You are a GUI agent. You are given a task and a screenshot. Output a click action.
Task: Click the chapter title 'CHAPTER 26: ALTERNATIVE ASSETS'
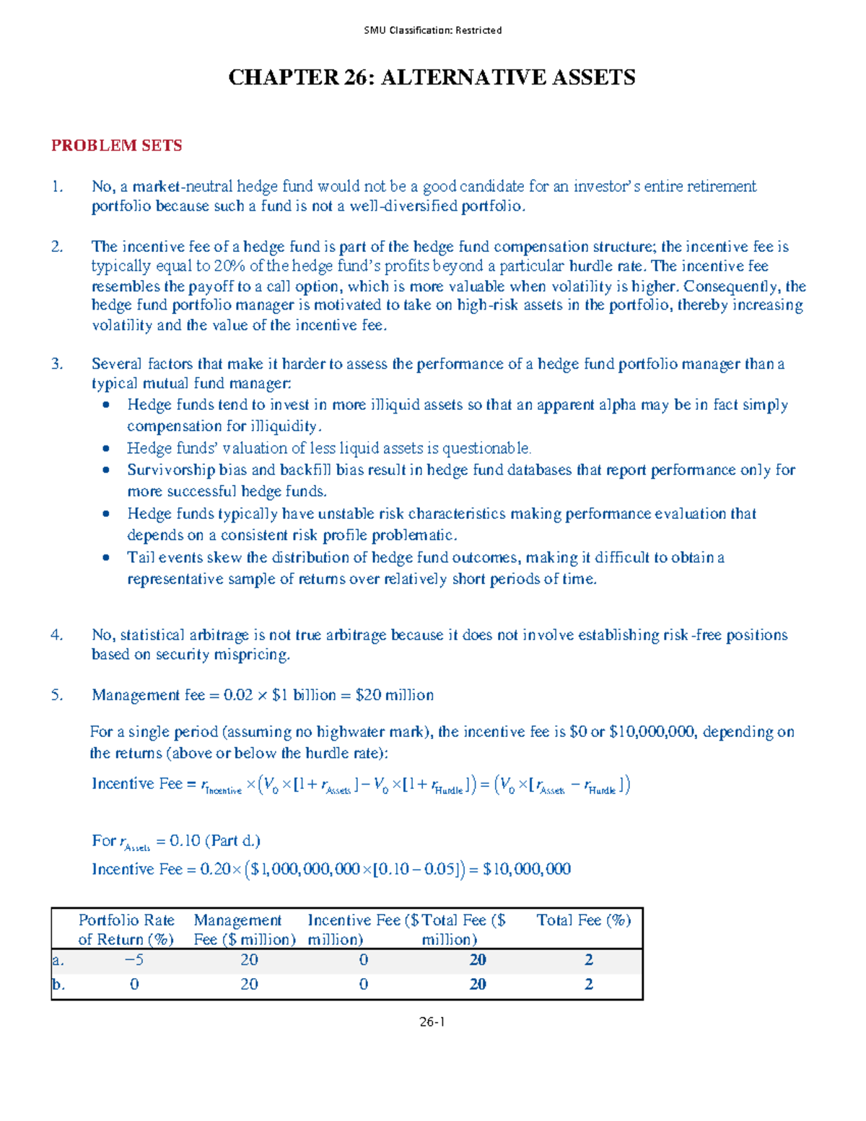click(432, 78)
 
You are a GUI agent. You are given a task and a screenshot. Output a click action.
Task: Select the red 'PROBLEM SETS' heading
click(116, 146)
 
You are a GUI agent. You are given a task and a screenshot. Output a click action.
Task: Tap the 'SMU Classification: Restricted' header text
click(432, 30)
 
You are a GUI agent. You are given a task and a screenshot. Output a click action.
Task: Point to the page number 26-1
click(432, 1021)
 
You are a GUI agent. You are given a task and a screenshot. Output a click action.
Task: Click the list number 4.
click(56, 635)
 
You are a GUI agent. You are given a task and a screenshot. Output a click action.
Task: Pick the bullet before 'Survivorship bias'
click(106, 470)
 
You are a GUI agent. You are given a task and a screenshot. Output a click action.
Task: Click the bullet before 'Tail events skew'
click(106, 557)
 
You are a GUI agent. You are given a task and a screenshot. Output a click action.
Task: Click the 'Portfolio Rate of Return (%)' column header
click(126, 930)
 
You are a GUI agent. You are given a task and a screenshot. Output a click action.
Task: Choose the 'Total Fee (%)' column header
click(583, 920)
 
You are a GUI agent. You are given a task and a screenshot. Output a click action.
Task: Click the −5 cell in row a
click(134, 960)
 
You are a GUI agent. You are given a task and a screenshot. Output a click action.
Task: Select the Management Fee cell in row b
click(249, 985)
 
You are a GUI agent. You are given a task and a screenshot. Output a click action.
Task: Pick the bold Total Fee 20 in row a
click(477, 960)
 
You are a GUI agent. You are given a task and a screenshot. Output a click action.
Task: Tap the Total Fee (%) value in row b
click(588, 985)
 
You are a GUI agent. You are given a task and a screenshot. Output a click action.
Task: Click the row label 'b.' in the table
click(58, 985)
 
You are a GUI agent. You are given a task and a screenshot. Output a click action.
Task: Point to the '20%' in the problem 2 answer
click(229, 266)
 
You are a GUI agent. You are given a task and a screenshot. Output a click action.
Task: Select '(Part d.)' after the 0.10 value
click(232, 841)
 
